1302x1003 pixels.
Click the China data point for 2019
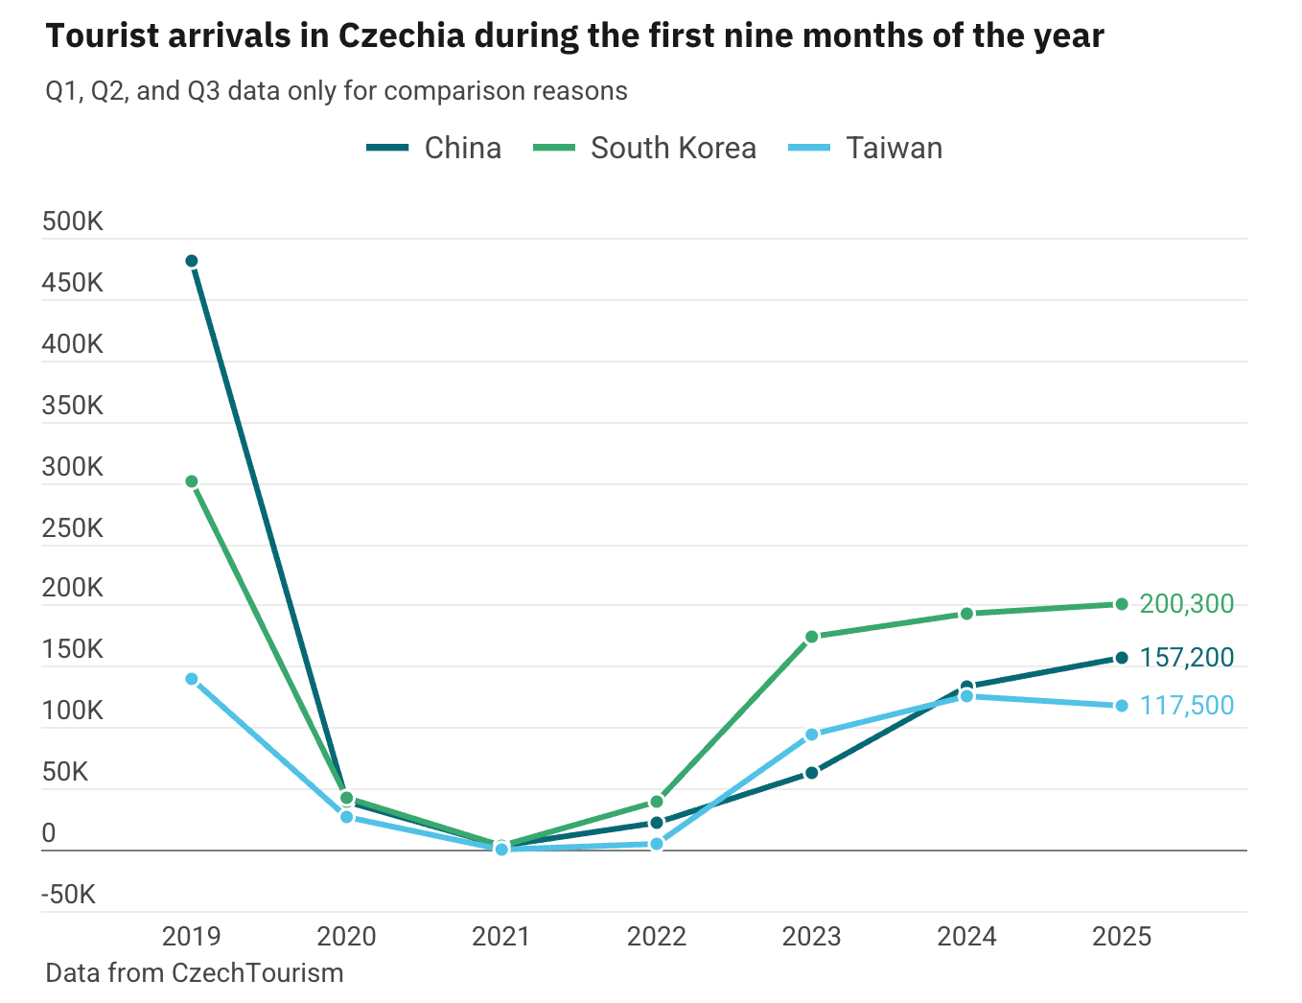(x=192, y=261)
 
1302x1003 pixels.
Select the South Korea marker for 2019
(x=192, y=481)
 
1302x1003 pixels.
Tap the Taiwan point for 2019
(x=192, y=679)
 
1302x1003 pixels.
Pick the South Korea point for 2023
(x=812, y=637)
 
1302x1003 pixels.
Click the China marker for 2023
(x=812, y=773)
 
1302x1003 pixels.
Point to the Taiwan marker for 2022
(x=657, y=844)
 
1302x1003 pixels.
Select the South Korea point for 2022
(x=657, y=802)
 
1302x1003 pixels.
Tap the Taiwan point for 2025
(x=1122, y=706)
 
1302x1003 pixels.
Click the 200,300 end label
(x=1186, y=604)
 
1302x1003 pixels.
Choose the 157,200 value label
(x=1186, y=658)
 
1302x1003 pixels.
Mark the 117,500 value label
(x=1186, y=706)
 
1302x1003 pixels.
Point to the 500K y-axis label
(x=73, y=222)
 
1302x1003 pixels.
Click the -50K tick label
(x=69, y=896)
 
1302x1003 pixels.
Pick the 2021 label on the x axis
(x=501, y=937)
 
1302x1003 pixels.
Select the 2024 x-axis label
(x=966, y=937)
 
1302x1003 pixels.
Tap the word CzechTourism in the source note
(x=257, y=973)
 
